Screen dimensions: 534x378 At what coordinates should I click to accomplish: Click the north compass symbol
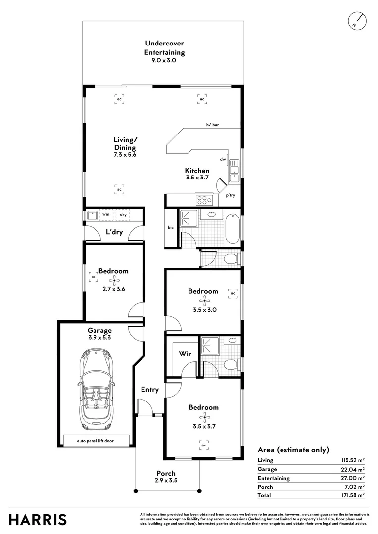point(357,20)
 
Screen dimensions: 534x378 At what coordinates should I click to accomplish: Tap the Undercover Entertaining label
point(164,48)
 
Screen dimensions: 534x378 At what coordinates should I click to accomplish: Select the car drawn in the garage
point(94,389)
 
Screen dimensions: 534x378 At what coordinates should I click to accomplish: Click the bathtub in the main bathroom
point(233,228)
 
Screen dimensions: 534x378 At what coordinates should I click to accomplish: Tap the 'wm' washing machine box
point(106,215)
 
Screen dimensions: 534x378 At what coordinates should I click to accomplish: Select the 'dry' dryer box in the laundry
point(123,215)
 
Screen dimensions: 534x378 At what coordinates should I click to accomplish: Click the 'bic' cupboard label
point(171,228)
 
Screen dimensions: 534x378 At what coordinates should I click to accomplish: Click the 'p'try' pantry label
point(231,195)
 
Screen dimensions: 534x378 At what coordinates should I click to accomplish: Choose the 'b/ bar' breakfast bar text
point(213,125)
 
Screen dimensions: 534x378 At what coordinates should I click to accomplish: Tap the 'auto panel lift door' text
point(96,440)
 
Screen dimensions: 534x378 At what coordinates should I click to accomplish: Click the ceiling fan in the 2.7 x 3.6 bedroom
point(115,282)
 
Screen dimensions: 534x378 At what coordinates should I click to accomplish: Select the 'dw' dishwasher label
point(223,159)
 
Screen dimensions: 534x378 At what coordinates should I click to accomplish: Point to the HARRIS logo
point(38,520)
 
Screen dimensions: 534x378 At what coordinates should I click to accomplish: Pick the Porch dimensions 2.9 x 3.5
point(166,480)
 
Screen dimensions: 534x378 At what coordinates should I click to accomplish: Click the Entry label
point(150,390)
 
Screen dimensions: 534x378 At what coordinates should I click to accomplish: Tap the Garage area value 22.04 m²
point(353,469)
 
